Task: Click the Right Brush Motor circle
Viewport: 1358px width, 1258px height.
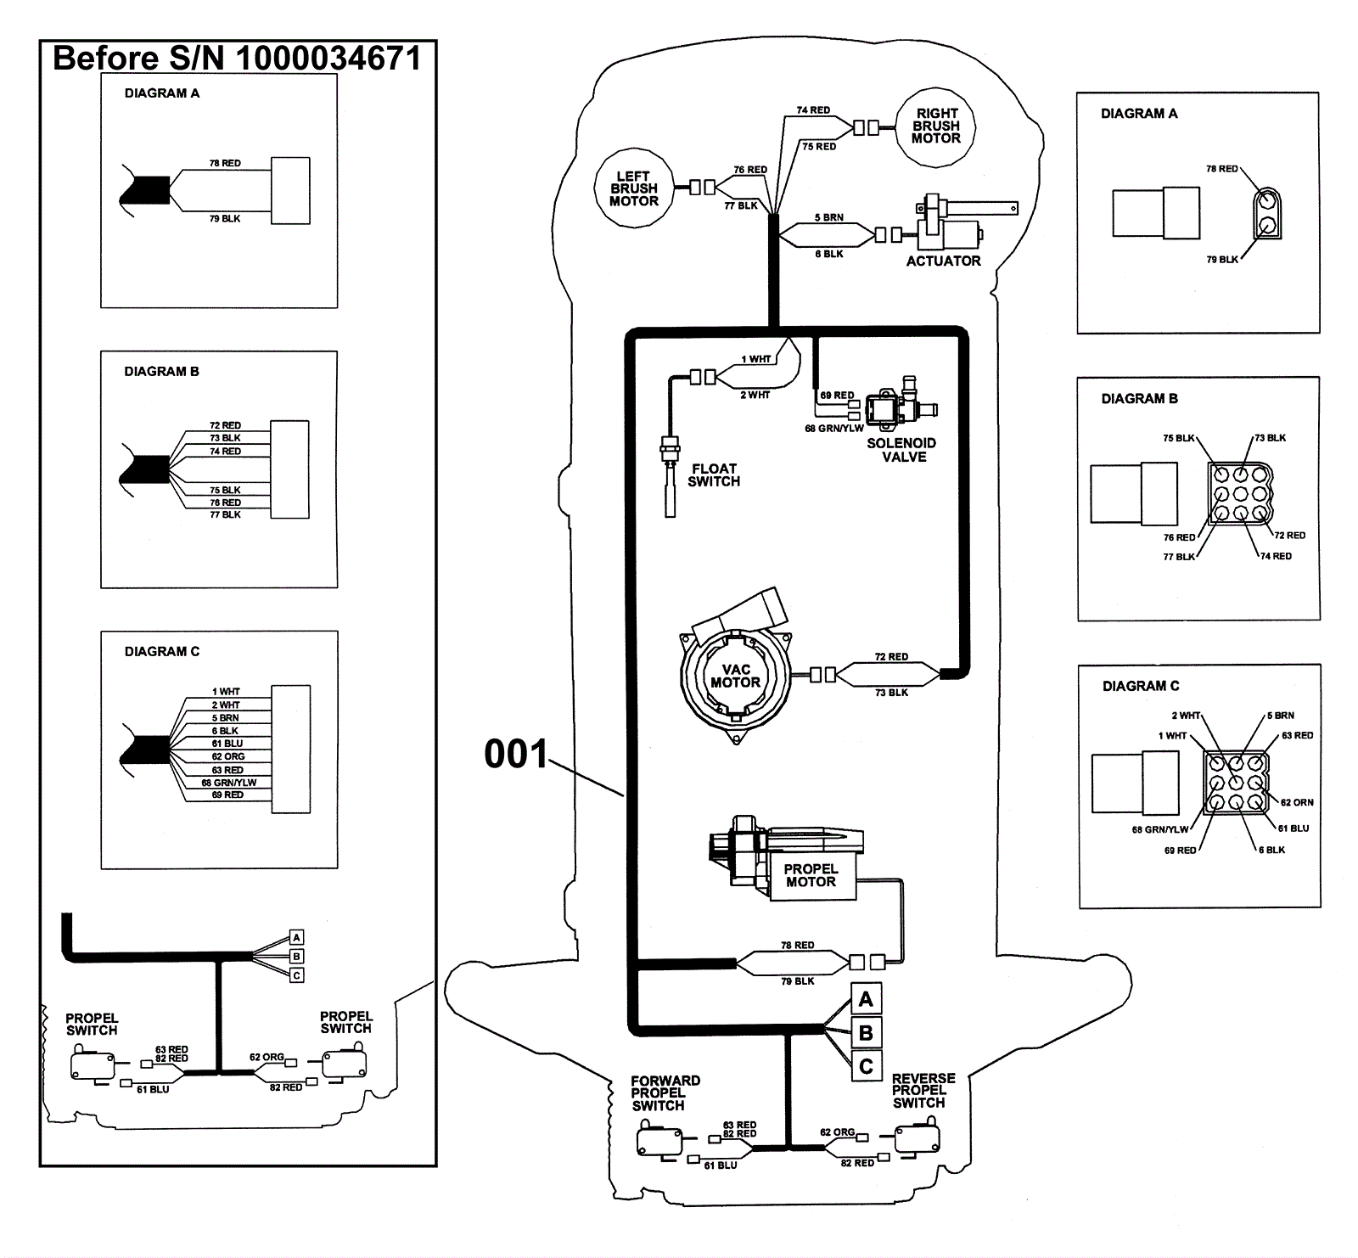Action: (x=936, y=126)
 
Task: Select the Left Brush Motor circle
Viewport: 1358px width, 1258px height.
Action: (x=633, y=188)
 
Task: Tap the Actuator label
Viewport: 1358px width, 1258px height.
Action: (x=943, y=261)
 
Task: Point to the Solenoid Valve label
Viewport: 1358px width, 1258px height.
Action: (x=901, y=450)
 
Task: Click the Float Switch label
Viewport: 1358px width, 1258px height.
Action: (x=714, y=475)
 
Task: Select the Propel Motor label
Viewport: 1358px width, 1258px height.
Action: (x=811, y=875)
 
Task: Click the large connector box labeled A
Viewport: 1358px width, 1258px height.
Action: (x=866, y=999)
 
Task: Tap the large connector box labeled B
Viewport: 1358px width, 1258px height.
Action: (x=866, y=1033)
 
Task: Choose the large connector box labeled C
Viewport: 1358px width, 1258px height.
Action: (x=866, y=1066)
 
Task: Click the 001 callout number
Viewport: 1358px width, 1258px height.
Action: (x=516, y=754)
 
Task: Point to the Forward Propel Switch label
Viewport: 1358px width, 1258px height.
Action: (x=665, y=1093)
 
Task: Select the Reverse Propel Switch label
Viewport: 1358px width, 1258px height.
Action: (x=923, y=1091)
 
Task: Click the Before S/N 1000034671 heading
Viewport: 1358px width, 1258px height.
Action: (x=237, y=59)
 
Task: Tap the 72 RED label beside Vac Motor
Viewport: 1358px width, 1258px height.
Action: (x=891, y=657)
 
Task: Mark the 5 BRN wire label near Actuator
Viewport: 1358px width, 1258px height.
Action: (x=828, y=218)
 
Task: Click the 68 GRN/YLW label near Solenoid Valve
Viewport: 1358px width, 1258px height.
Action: (x=833, y=429)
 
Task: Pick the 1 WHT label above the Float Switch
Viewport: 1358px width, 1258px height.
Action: (x=755, y=360)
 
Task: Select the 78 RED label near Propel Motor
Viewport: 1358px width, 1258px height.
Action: (x=797, y=946)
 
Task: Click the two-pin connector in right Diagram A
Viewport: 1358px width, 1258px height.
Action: (x=1266, y=214)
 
